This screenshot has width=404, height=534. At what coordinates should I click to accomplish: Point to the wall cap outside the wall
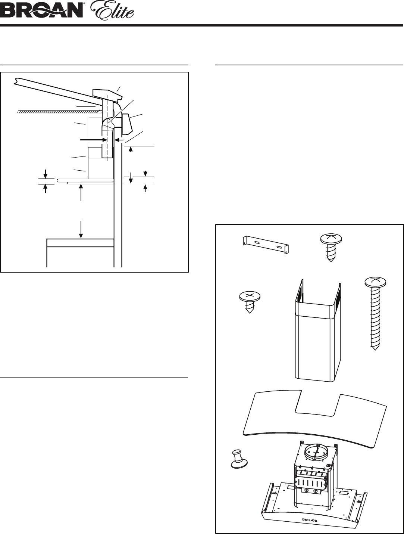[x=126, y=124]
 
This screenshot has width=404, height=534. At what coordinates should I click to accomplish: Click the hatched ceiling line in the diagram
[x=59, y=111]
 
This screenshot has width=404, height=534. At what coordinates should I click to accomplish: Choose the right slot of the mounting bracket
[x=280, y=248]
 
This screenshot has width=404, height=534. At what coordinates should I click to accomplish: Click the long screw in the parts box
[x=375, y=313]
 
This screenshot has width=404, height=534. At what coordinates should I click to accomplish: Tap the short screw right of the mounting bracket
[x=331, y=248]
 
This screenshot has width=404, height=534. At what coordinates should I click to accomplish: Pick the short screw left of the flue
[x=250, y=302]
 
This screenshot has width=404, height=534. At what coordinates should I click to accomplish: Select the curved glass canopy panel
[x=314, y=421]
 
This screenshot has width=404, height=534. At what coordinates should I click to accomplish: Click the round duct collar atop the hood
[x=316, y=452]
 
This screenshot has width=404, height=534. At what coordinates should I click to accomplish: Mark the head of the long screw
[x=376, y=282]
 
